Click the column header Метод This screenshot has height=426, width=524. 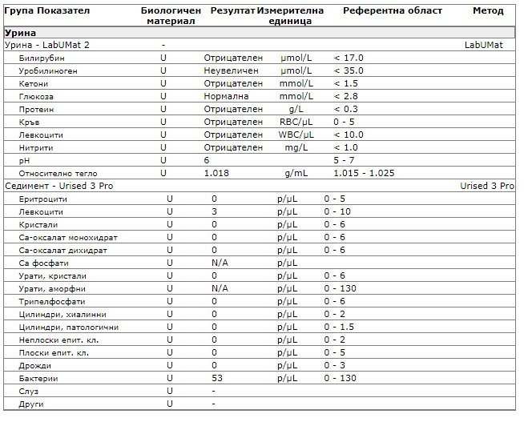click(487, 11)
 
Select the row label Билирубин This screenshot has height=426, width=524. click(42, 58)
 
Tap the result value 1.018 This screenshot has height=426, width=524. click(216, 173)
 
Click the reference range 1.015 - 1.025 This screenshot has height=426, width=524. click(361, 173)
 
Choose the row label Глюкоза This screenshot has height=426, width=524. click(37, 96)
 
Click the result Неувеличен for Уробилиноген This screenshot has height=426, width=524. click(231, 71)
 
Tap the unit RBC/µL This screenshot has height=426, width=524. click(295, 122)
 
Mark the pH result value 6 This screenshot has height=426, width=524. click(207, 160)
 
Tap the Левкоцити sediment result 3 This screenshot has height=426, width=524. click(215, 211)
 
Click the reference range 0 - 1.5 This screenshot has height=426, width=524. click(339, 327)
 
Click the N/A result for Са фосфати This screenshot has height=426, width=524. click(220, 263)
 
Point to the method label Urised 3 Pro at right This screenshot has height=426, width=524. click(487, 186)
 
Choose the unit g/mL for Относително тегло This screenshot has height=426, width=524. click(296, 173)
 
